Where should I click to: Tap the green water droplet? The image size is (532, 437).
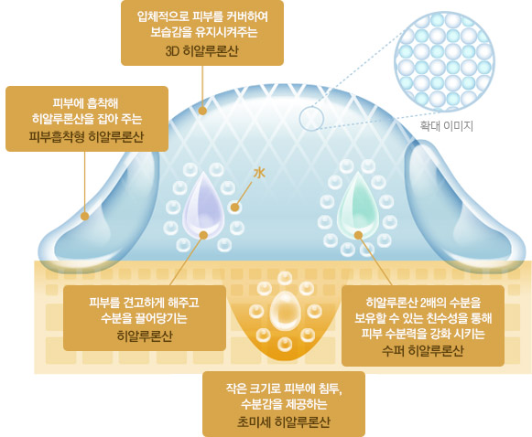point(357,207)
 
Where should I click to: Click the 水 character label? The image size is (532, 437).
point(259,173)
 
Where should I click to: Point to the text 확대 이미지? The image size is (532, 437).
point(446,126)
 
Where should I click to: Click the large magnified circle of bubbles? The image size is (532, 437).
point(444,61)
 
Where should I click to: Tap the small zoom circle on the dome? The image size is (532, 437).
point(311,119)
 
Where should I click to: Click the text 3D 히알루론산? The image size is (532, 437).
point(201,51)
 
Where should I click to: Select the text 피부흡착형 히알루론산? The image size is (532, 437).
point(86,136)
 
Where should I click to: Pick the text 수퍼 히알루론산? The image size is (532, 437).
point(423,351)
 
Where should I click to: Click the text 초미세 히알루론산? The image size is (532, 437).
point(283,422)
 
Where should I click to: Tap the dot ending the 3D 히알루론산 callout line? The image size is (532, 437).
point(202,111)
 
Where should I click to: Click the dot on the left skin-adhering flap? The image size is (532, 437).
point(85,216)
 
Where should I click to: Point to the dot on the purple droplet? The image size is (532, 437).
point(203,235)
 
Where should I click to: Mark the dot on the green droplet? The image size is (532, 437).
point(358,235)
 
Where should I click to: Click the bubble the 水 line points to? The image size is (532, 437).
point(234,208)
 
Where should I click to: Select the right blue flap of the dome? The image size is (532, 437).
point(465,207)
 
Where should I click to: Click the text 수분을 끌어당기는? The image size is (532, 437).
point(144,318)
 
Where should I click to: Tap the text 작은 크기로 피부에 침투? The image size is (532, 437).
point(284,389)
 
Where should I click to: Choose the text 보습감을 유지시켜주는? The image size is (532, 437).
point(203,32)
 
